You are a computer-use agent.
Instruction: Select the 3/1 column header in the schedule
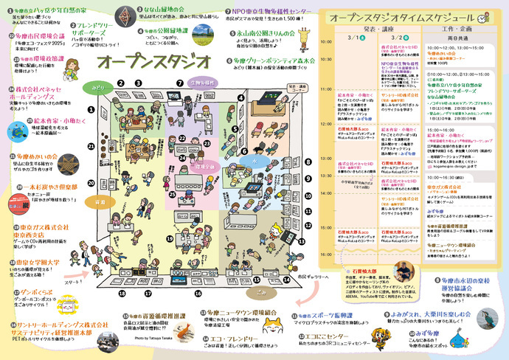point(353,36)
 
